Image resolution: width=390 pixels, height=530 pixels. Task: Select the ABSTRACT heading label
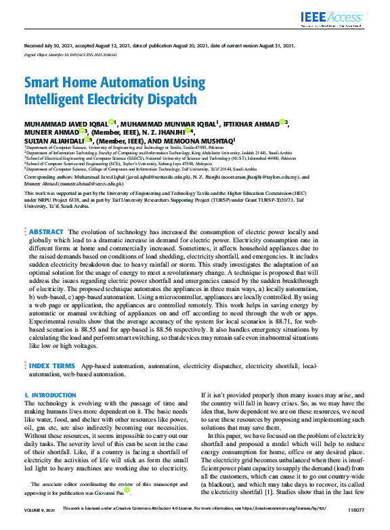pyautogui.click(x=47, y=231)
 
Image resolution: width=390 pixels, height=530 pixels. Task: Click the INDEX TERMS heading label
pyautogui.click(x=51, y=366)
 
